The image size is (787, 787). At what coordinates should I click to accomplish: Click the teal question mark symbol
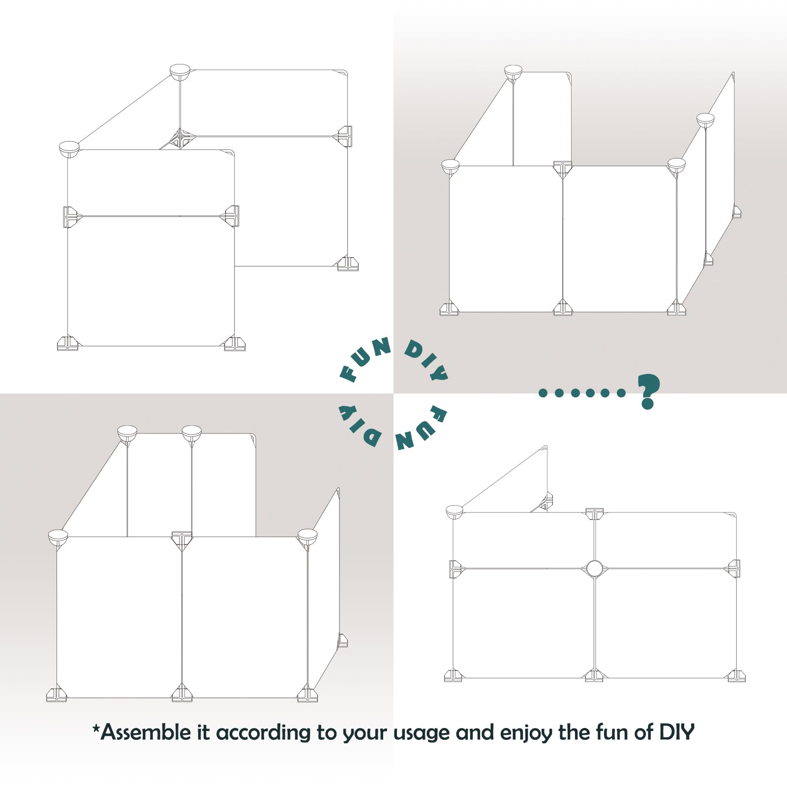coord(648,391)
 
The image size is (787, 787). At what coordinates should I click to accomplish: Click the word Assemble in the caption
coord(146,732)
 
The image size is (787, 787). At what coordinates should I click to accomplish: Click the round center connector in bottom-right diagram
coord(594,569)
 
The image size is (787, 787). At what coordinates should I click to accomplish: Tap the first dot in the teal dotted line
coord(543,393)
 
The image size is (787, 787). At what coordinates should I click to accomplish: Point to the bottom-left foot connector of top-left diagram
coord(67,343)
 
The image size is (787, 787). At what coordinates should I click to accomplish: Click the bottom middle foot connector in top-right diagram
coord(563,308)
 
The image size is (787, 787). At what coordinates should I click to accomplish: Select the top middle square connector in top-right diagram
coord(563,168)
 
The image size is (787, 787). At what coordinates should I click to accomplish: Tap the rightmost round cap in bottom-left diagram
coord(307,536)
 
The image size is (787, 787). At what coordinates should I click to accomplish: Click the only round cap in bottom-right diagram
coord(454,512)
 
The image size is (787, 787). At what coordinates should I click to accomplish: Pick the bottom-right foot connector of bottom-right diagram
coord(736,676)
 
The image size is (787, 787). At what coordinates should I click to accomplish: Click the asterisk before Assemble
coord(96,727)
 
